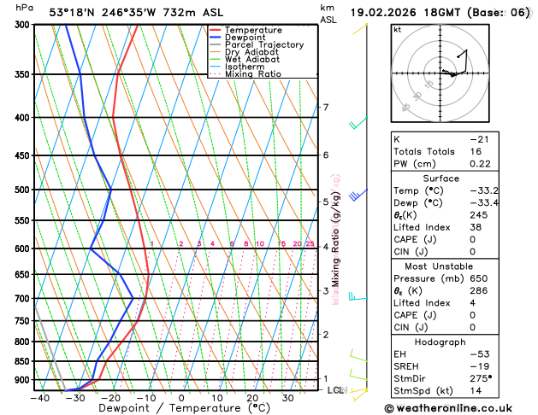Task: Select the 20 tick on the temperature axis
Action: point(252,397)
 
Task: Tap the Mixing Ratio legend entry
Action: point(252,74)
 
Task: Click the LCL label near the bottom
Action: point(334,390)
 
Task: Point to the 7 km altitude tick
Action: point(325,108)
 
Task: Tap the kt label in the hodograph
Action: point(397,29)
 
